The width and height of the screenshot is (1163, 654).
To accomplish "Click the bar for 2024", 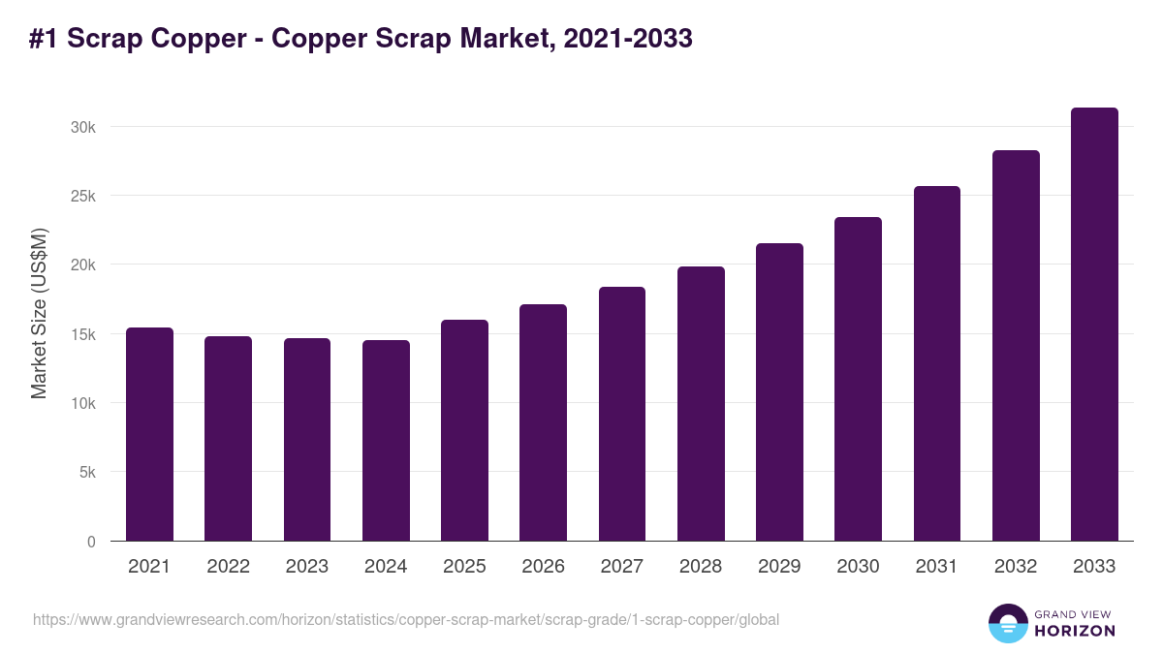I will pyautogui.click(x=386, y=441).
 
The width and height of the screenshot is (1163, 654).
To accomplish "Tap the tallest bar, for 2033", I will pyautogui.click(x=1094, y=325).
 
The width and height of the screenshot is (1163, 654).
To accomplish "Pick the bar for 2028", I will pyautogui.click(x=701, y=404).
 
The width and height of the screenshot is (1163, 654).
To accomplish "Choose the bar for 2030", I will pyautogui.click(x=858, y=379).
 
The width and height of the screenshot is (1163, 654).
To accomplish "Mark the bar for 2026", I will pyautogui.click(x=543, y=422).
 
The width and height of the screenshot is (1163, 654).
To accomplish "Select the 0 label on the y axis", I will pyautogui.click(x=91, y=542).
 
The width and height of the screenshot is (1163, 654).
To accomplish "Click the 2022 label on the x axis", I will pyautogui.click(x=228, y=567).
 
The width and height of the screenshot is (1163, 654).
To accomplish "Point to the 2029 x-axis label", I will pyautogui.click(x=779, y=567).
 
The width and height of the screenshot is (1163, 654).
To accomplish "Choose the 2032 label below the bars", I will pyautogui.click(x=1016, y=567).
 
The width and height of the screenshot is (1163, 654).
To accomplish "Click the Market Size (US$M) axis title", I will pyautogui.click(x=39, y=313).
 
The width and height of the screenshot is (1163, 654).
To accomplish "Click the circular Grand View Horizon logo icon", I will pyautogui.click(x=1007, y=623).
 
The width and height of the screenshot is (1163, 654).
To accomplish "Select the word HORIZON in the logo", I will pyautogui.click(x=1076, y=631).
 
